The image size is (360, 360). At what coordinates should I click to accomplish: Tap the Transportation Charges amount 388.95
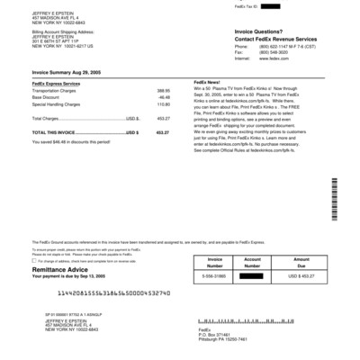pyautogui.click(x=163, y=91)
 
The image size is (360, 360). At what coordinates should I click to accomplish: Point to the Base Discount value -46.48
pyautogui.click(x=164, y=97)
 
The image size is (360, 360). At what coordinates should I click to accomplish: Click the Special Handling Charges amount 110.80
pyautogui.click(x=163, y=104)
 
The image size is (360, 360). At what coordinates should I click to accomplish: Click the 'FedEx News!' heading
pyautogui.click(x=208, y=83)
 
